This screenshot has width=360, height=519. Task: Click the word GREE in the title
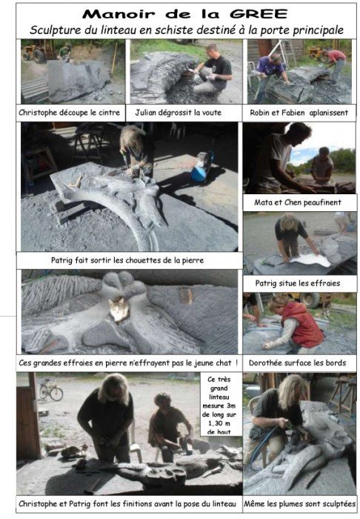[259, 13]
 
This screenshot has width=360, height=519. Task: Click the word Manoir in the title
[119, 14]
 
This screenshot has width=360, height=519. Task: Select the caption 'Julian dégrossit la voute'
[179, 113]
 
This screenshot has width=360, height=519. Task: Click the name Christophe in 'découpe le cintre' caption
[38, 113]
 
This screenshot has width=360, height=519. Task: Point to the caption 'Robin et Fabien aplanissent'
[299, 113]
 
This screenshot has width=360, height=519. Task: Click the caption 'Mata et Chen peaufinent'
[298, 202]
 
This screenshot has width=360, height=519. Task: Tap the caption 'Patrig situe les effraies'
[298, 283]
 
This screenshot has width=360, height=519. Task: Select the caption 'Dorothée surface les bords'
[297, 363]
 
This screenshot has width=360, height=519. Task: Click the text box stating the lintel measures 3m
[219, 406]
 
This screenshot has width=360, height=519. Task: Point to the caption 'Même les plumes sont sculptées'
[299, 504]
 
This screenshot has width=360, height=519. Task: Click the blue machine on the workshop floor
[202, 167]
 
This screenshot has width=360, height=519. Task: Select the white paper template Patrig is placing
[311, 259]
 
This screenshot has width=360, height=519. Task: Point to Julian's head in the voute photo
[212, 50]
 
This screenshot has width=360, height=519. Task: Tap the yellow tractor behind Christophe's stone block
[39, 52]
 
